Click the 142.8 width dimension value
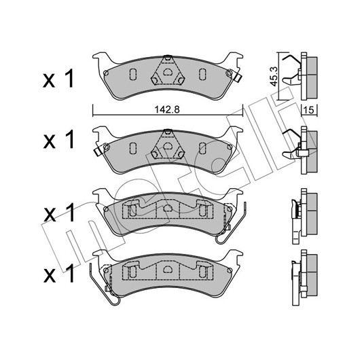(x=167, y=110)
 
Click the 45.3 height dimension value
(x=274, y=77)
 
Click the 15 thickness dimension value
(x=309, y=110)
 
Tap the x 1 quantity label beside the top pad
(x=58, y=79)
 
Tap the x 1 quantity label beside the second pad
(x=58, y=139)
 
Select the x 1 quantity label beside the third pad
(x=58, y=213)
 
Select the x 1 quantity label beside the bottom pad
(x=58, y=274)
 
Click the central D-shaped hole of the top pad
(x=167, y=72)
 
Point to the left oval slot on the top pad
(x=133, y=74)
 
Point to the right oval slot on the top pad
(x=202, y=74)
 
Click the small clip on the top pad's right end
(x=237, y=77)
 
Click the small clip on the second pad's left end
(x=98, y=151)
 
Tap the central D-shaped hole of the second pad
(x=167, y=146)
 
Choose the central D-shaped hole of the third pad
(x=167, y=208)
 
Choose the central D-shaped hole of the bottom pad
(x=167, y=269)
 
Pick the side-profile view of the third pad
(x=304, y=216)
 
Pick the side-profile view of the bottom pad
(x=304, y=278)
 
